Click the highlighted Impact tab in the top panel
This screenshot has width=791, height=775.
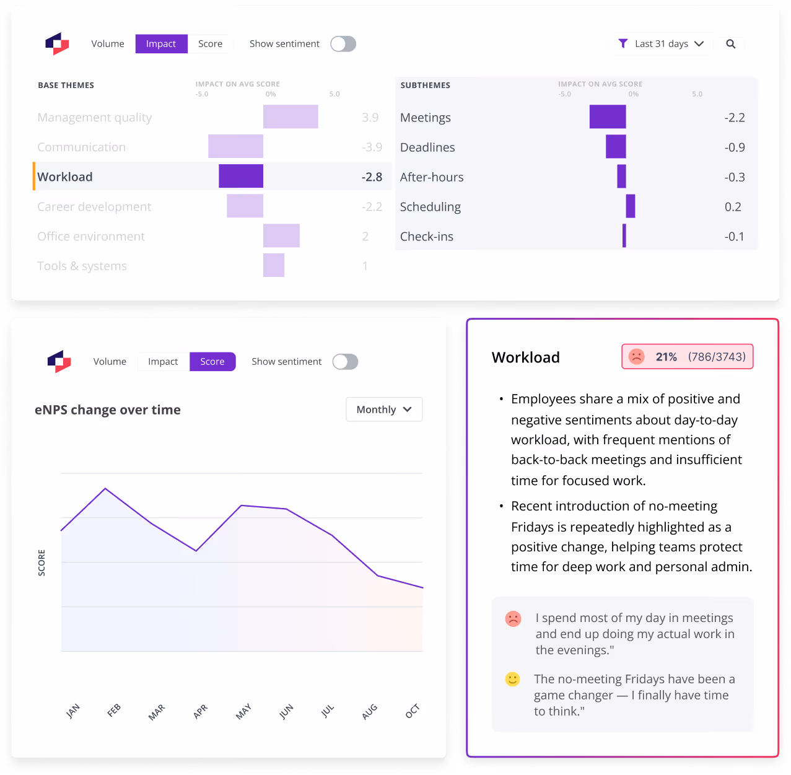pyautogui.click(x=161, y=43)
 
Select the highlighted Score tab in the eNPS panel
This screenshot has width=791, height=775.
pyautogui.click(x=212, y=361)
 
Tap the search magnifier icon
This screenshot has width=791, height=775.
pyautogui.click(x=730, y=43)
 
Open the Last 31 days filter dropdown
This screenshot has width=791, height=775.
pyautogui.click(x=661, y=43)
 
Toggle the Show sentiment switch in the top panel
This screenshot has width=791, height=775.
pyautogui.click(x=343, y=43)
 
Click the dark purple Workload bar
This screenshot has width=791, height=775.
pyautogui.click(x=240, y=176)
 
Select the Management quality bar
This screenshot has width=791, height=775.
pyautogui.click(x=291, y=116)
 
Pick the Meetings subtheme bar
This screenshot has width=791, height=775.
pyautogui.click(x=607, y=116)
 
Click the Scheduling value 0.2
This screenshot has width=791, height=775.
pyautogui.click(x=732, y=206)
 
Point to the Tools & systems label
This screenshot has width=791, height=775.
pyautogui.click(x=82, y=266)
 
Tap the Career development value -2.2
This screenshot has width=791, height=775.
pyautogui.click(x=372, y=206)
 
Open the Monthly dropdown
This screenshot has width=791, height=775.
pyautogui.click(x=383, y=409)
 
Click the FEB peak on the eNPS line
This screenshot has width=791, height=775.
pyautogui.click(x=105, y=488)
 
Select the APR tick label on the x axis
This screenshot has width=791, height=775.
pyautogui.click(x=200, y=711)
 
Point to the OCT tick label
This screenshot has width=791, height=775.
pyautogui.click(x=412, y=711)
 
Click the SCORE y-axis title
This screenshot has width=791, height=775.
pyautogui.click(x=42, y=562)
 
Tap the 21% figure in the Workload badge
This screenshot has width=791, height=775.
pyautogui.click(x=665, y=356)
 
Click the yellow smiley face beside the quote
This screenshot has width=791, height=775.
pyautogui.click(x=512, y=679)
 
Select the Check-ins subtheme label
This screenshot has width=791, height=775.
pyautogui.click(x=426, y=236)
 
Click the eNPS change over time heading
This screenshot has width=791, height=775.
pyautogui.click(x=108, y=409)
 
